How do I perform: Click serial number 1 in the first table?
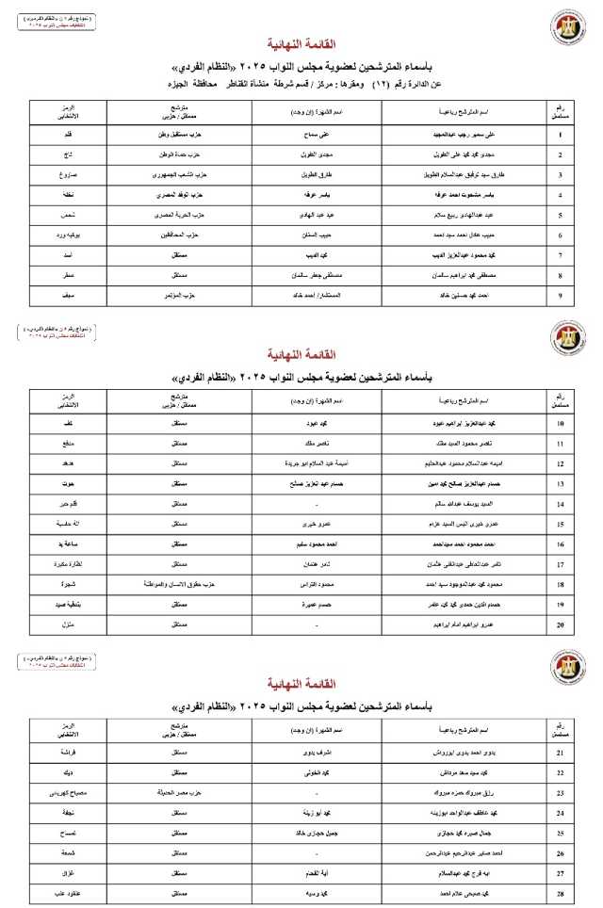(561, 134)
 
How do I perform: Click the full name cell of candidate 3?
(463, 175)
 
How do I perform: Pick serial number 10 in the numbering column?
(561, 425)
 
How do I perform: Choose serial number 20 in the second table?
(561, 624)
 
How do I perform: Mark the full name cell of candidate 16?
(461, 544)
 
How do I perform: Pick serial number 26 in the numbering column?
(561, 853)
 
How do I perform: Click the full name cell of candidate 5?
(461, 216)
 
